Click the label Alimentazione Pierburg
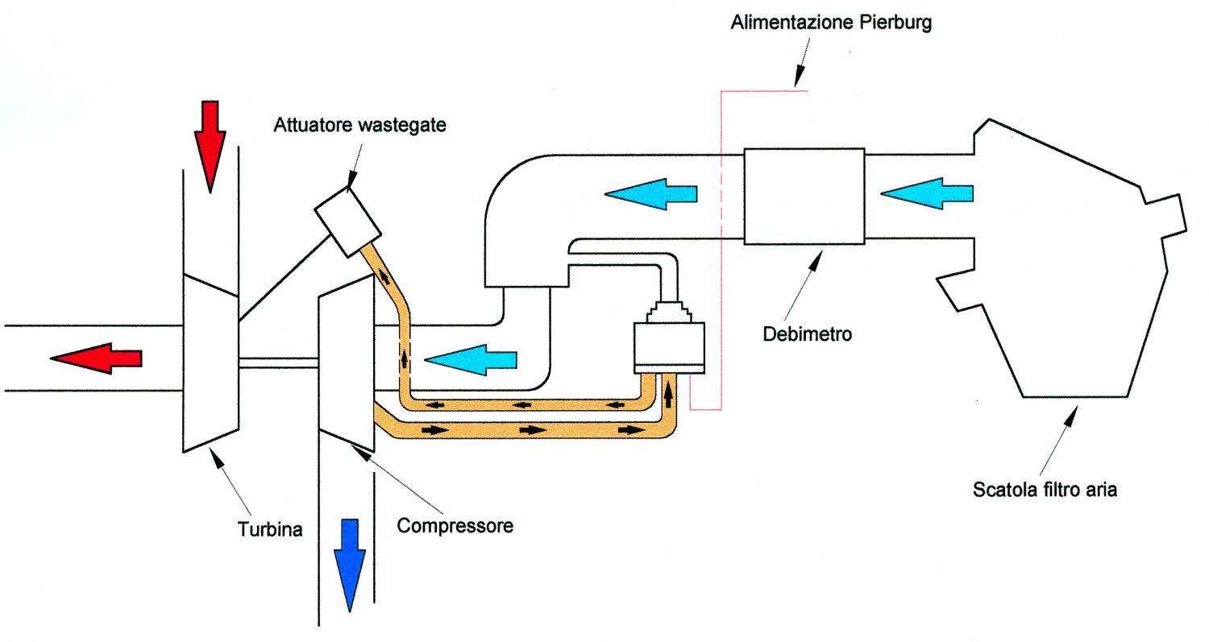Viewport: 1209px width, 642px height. pyautogui.click(x=831, y=23)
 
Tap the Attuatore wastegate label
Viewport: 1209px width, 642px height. pyautogui.click(x=360, y=125)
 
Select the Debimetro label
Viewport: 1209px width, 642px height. pyautogui.click(x=808, y=334)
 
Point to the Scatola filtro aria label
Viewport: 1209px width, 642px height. pyautogui.click(x=1045, y=490)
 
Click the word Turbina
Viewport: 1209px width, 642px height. pyautogui.click(x=270, y=529)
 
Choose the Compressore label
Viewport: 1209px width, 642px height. pyautogui.click(x=455, y=525)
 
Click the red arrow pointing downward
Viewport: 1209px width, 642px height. pyautogui.click(x=210, y=147)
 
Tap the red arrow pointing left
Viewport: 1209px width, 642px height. pyautogui.click(x=96, y=358)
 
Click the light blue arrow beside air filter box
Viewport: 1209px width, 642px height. pyautogui.click(x=927, y=193)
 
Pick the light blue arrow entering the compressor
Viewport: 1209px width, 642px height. pyautogui.click(x=471, y=360)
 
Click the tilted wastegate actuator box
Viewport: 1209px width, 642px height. pyautogui.click(x=348, y=222)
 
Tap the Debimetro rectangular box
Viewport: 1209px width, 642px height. pyautogui.click(x=804, y=197)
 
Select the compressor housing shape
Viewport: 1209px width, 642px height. pyautogui.click(x=347, y=363)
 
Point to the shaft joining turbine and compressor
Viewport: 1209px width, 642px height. pyautogui.click(x=279, y=363)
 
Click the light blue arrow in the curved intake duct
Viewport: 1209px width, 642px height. pyautogui.click(x=651, y=193)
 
